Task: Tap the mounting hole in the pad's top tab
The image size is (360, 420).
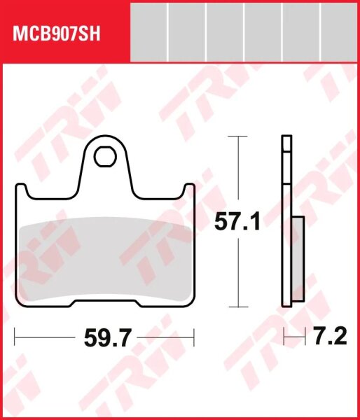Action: (x=106, y=155)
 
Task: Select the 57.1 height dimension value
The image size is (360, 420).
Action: (x=237, y=223)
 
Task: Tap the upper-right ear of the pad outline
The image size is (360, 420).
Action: (x=188, y=191)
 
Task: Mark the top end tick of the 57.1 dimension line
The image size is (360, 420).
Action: (x=239, y=136)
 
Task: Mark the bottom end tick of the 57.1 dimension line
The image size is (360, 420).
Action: (x=239, y=307)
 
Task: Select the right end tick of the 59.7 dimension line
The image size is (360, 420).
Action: (x=193, y=340)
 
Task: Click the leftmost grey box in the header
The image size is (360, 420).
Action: (x=149, y=31)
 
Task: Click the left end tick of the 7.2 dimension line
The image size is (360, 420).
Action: (x=284, y=340)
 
